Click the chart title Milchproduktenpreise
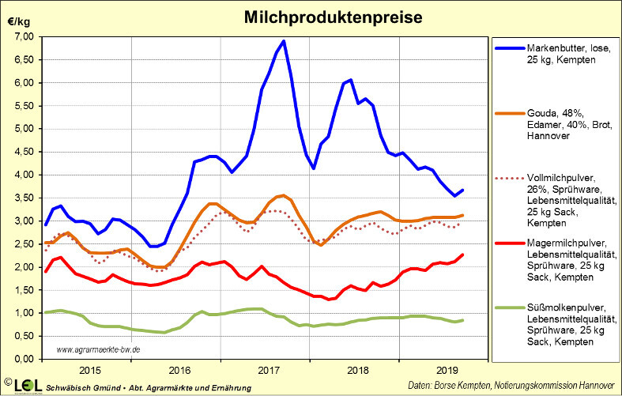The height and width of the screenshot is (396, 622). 311,16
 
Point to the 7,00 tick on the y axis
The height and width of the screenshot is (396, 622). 21,37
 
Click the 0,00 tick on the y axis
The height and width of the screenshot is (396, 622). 21,359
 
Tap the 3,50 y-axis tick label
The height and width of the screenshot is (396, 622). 21,198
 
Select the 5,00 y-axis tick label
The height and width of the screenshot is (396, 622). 21,129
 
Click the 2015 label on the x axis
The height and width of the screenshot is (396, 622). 89,369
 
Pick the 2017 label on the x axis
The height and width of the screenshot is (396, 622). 270,369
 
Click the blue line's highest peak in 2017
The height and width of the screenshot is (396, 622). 284,41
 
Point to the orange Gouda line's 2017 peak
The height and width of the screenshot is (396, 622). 283,195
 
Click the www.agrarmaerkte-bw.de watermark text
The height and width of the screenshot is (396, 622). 99,349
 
